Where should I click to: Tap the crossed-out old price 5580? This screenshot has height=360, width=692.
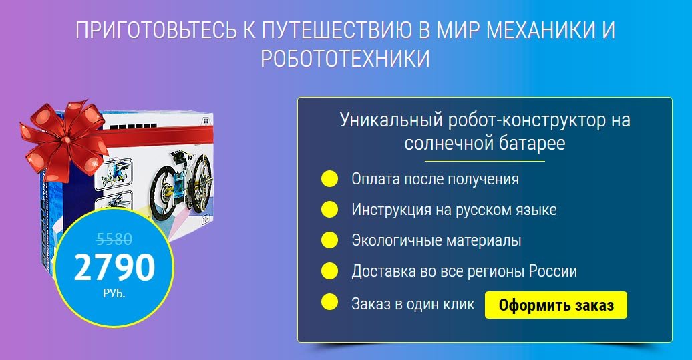pyautogui.click(x=114, y=239)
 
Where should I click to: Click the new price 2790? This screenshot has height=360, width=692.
pyautogui.click(x=114, y=268)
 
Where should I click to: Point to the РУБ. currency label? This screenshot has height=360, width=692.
pyautogui.click(x=114, y=293)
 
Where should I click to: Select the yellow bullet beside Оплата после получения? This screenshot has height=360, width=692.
pyautogui.click(x=329, y=179)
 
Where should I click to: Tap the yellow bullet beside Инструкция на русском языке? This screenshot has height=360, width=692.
pyautogui.click(x=329, y=210)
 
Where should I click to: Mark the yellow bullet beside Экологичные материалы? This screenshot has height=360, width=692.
pyautogui.click(x=329, y=240)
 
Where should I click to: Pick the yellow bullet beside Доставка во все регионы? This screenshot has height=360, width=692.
pyautogui.click(x=329, y=271)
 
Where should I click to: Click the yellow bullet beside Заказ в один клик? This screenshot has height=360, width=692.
pyautogui.click(x=329, y=303)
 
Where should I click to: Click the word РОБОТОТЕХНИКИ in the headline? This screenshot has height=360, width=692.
pyautogui.click(x=345, y=59)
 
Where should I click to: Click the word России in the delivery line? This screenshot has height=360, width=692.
pyautogui.click(x=553, y=272)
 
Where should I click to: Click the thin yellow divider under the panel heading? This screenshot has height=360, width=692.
pyautogui.click(x=484, y=161)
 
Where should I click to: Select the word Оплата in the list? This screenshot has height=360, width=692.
pyautogui.click(x=375, y=180)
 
